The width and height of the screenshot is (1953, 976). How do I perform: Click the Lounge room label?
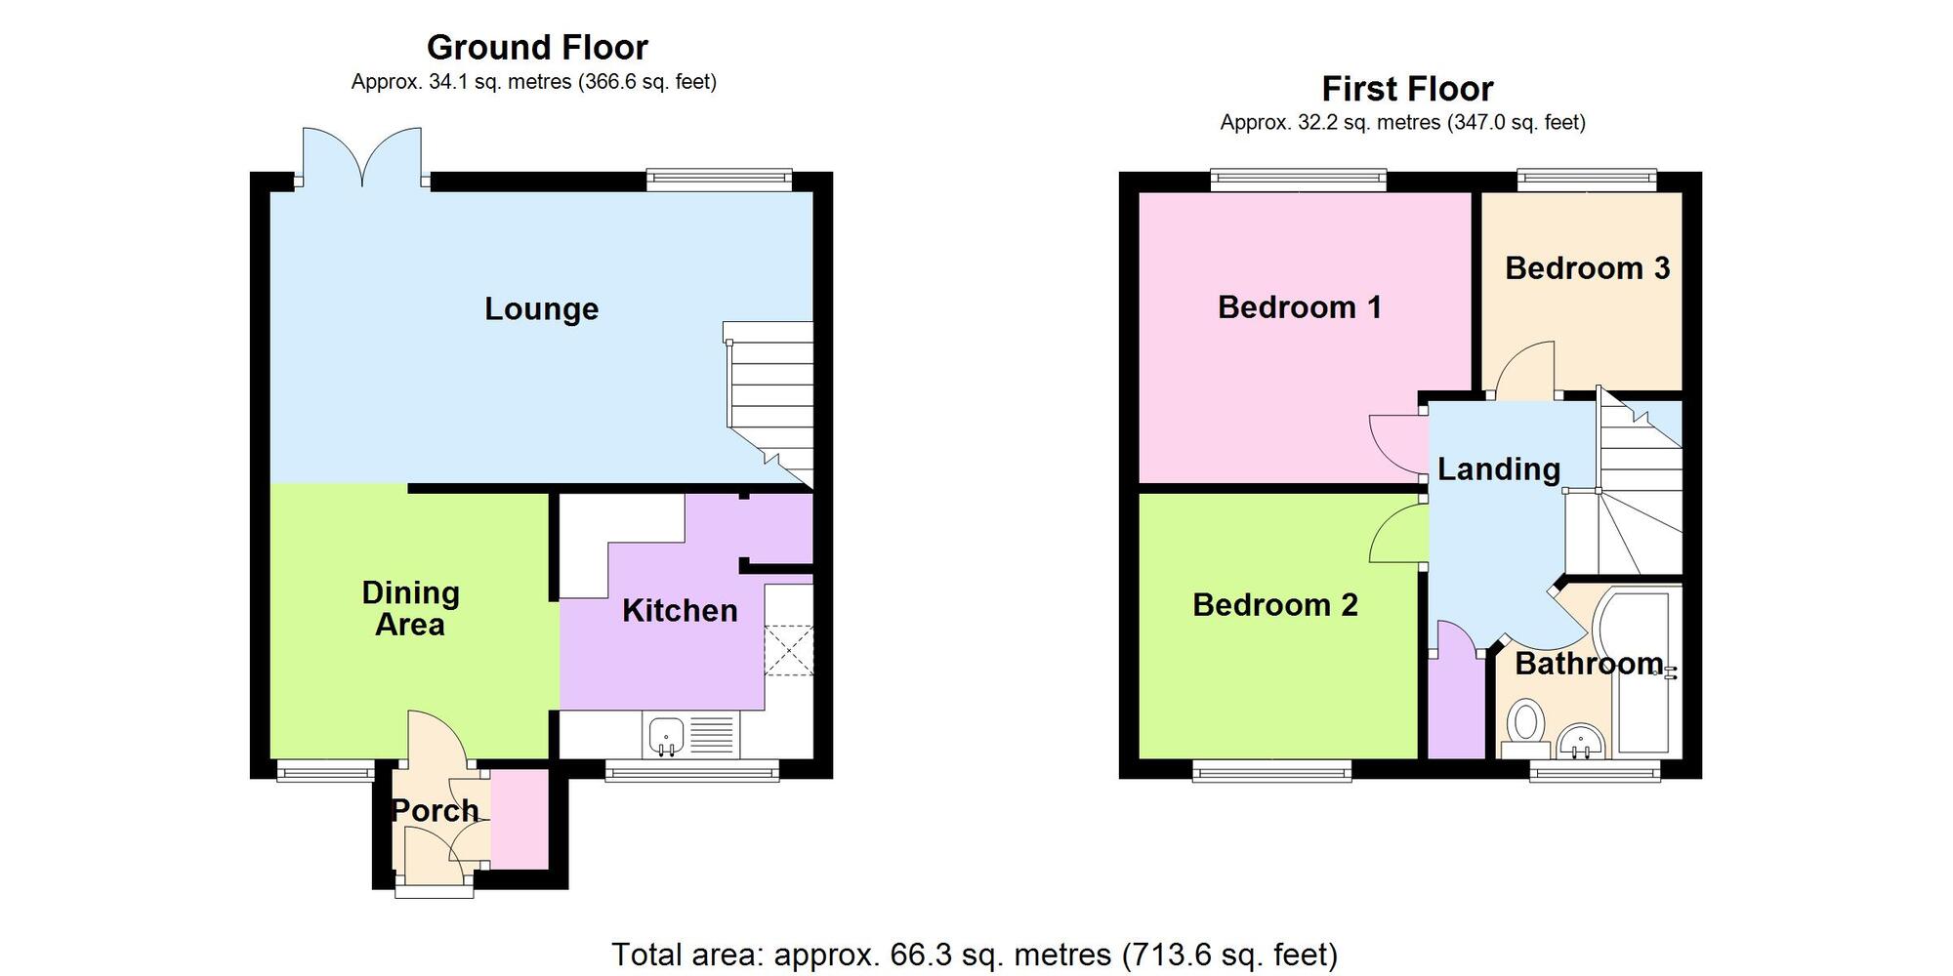[541, 309]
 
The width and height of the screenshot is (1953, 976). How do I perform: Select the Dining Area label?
[410, 608]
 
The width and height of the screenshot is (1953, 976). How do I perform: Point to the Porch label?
[435, 810]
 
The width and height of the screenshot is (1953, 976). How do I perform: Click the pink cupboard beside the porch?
[519, 819]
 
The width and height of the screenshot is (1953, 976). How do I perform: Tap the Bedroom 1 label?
[1299, 307]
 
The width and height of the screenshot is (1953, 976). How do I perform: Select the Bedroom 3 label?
[1587, 268]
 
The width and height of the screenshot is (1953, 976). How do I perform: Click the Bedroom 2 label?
[1274, 605]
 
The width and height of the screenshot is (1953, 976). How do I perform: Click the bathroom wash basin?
[1581, 742]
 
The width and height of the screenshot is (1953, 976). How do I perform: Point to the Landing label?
[1498, 469]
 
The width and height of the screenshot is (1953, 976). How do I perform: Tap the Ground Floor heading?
[537, 47]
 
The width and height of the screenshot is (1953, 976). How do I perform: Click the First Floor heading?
[1407, 89]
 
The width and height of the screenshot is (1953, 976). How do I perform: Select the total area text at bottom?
[975, 954]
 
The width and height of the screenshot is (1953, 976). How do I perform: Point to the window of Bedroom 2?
[1272, 772]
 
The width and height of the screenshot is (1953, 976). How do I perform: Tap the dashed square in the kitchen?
[788, 650]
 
